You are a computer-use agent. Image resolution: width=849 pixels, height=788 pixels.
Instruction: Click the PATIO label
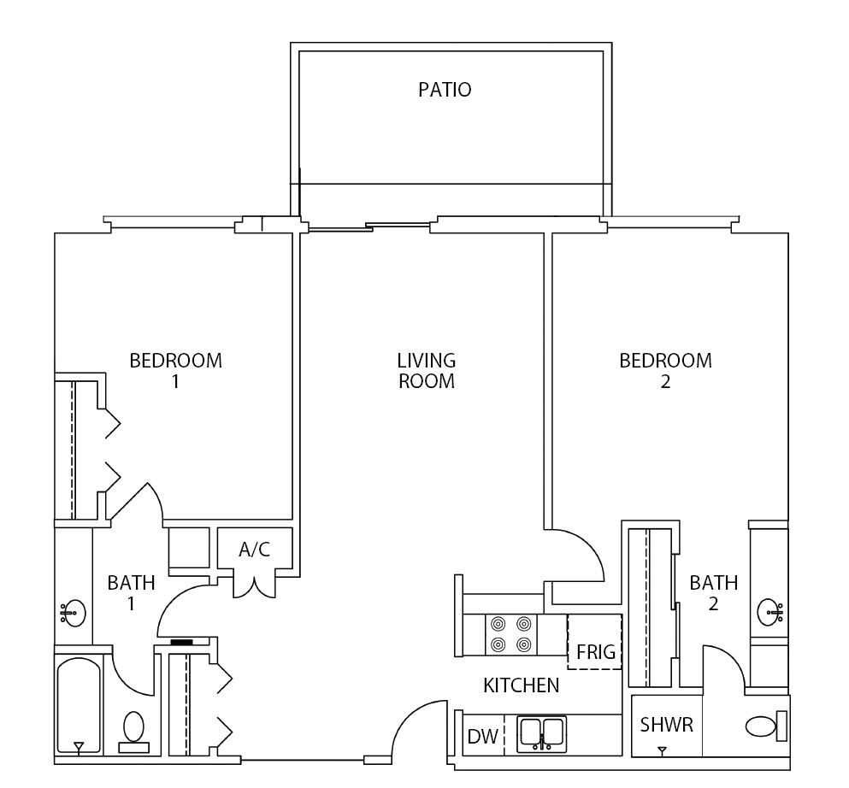click(x=444, y=90)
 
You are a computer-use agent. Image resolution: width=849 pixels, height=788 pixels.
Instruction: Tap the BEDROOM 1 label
click(x=175, y=370)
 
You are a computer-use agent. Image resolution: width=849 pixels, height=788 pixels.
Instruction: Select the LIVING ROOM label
click(x=426, y=370)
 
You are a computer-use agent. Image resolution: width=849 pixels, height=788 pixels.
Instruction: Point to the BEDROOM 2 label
click(x=665, y=370)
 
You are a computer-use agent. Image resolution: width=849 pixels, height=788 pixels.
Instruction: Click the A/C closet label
click(x=254, y=550)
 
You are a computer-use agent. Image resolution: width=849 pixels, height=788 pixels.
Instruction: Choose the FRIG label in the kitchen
click(x=595, y=652)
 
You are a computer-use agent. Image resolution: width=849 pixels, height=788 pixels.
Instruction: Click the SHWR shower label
click(x=666, y=725)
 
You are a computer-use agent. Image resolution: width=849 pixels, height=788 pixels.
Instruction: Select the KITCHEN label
click(x=521, y=685)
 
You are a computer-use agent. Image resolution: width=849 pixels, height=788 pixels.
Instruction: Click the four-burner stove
click(x=511, y=634)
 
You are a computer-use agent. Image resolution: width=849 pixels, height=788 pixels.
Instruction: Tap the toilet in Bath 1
click(x=133, y=732)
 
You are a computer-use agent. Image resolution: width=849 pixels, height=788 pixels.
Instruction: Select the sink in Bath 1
click(x=74, y=612)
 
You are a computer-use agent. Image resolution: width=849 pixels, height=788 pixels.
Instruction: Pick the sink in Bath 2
click(x=771, y=611)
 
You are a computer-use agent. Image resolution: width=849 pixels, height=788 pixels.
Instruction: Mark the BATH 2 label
click(x=713, y=593)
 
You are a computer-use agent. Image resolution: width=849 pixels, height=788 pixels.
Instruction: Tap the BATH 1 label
click(x=131, y=593)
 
